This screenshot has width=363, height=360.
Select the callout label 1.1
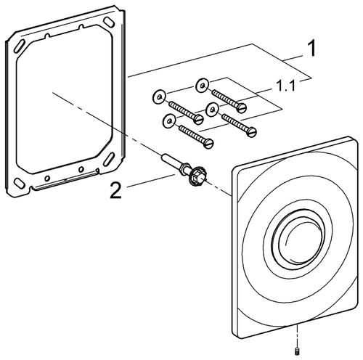coord(285,86)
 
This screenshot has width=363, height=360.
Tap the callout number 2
coord(115,190)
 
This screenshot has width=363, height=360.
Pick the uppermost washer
coord(203,86)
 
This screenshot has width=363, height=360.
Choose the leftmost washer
coord(159,97)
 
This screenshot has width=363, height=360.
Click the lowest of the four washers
coord(169,120)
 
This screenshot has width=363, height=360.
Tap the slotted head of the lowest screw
coord(208,144)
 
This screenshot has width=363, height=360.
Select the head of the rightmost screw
coord(252,132)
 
